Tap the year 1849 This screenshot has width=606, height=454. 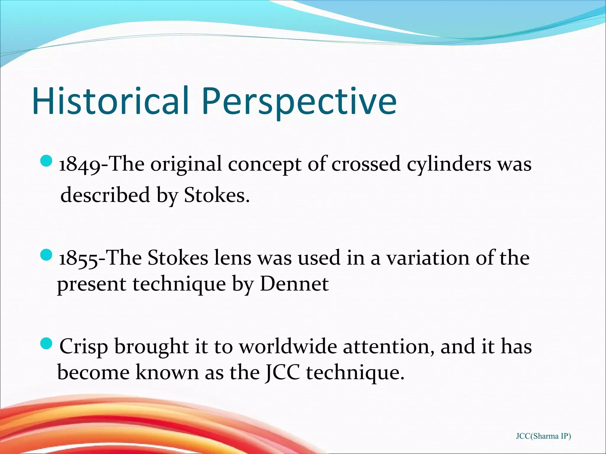[79, 164]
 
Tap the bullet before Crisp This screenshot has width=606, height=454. [46, 343]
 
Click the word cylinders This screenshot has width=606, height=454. [448, 164]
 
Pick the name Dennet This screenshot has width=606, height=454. [294, 284]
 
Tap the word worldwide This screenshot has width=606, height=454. [288, 346]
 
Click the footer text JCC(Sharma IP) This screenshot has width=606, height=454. [543, 436]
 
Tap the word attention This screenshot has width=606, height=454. [388, 346]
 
